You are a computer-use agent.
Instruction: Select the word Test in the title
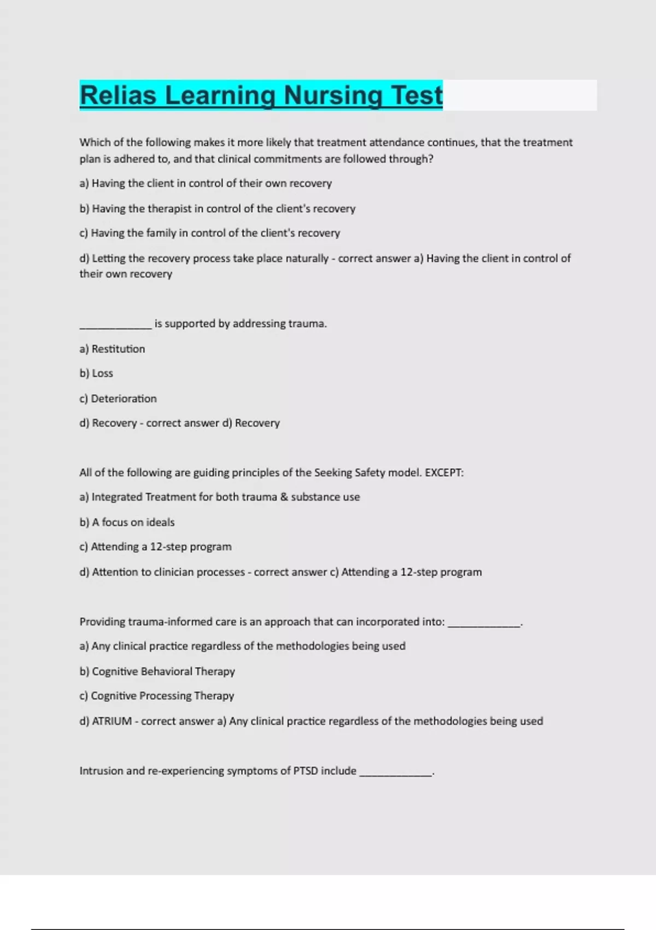click(416, 95)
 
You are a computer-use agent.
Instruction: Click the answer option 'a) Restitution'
click(112, 349)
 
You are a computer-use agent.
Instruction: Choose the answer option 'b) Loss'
click(96, 374)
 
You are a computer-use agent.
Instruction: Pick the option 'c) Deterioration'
click(118, 399)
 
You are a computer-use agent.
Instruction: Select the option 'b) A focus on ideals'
click(127, 522)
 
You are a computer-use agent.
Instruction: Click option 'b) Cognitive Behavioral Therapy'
click(157, 672)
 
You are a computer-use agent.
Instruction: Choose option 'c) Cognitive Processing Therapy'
click(156, 696)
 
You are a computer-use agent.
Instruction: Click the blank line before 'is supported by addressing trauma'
click(115, 327)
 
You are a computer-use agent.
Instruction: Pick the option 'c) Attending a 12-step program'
click(155, 547)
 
